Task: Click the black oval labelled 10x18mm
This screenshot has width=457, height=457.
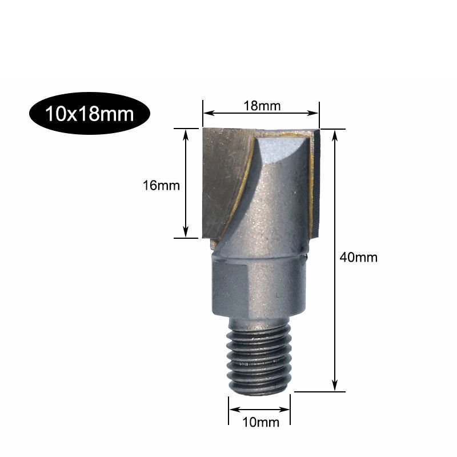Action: (90, 113)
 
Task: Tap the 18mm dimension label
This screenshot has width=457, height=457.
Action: (262, 106)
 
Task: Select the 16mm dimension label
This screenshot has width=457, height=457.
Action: (161, 185)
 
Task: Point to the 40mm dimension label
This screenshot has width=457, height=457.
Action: (359, 258)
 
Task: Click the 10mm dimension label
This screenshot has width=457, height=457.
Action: (261, 422)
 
